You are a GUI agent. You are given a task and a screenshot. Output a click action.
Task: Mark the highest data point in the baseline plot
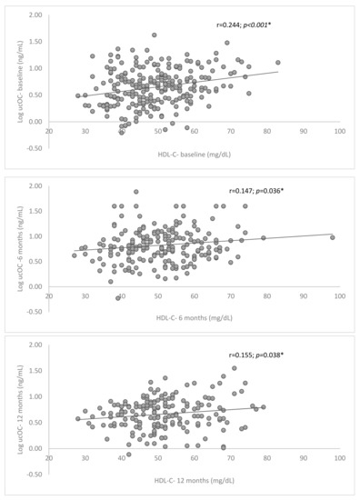tap(155, 35)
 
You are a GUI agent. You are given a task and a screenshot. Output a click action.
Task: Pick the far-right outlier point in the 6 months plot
tap(333, 237)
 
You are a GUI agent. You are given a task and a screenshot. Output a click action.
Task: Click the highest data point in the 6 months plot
tap(136, 192)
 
